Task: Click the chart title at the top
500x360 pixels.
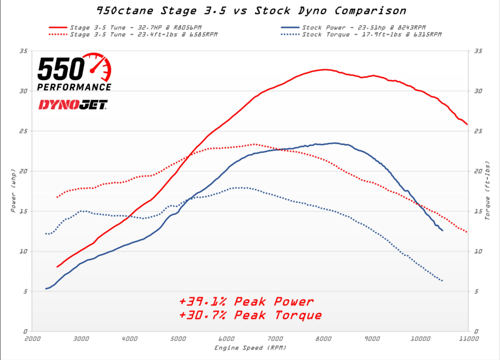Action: click(x=250, y=10)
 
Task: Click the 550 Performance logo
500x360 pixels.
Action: click(x=74, y=73)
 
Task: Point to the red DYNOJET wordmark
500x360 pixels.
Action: click(x=72, y=104)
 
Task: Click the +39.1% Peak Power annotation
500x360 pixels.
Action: click(x=246, y=301)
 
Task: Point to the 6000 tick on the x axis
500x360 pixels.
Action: click(x=226, y=338)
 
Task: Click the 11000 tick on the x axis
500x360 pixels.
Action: click(x=467, y=338)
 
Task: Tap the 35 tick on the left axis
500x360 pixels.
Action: click(x=23, y=51)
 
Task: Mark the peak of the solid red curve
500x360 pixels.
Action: click(x=325, y=69)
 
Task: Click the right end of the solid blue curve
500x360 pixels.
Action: click(x=442, y=230)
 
